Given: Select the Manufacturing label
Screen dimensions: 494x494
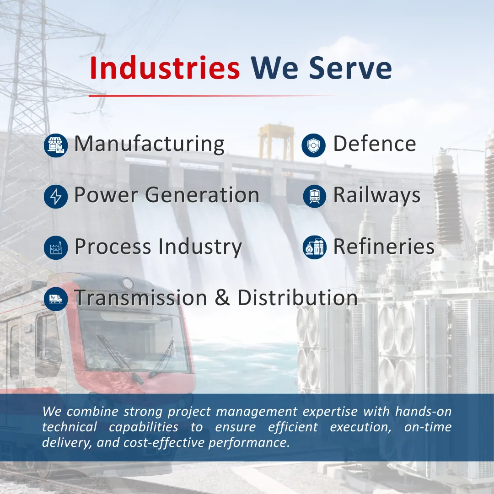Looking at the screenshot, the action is (149, 144).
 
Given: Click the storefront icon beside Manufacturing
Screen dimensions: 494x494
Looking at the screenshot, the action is (56, 145).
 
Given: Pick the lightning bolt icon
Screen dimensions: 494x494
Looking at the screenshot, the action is (56, 196).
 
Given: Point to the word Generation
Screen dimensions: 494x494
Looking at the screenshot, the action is (202, 194).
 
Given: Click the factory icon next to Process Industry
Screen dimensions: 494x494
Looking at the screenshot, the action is (56, 247).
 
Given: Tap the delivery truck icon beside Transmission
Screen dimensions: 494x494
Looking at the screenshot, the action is (56, 299).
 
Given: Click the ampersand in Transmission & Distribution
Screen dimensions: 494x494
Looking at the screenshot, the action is (222, 297).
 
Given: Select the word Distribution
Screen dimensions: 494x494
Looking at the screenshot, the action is (297, 297).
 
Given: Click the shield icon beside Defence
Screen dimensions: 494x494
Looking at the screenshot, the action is (313, 145).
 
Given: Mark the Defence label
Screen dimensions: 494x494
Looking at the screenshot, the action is (375, 144).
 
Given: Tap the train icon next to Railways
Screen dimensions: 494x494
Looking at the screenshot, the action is (314, 196).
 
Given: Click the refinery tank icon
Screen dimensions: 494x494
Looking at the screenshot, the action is (314, 247).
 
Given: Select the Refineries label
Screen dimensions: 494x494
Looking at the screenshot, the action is (384, 246).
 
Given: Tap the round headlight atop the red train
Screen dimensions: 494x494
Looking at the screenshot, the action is (127, 283).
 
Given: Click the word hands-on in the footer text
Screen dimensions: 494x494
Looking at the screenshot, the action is (423, 411).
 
